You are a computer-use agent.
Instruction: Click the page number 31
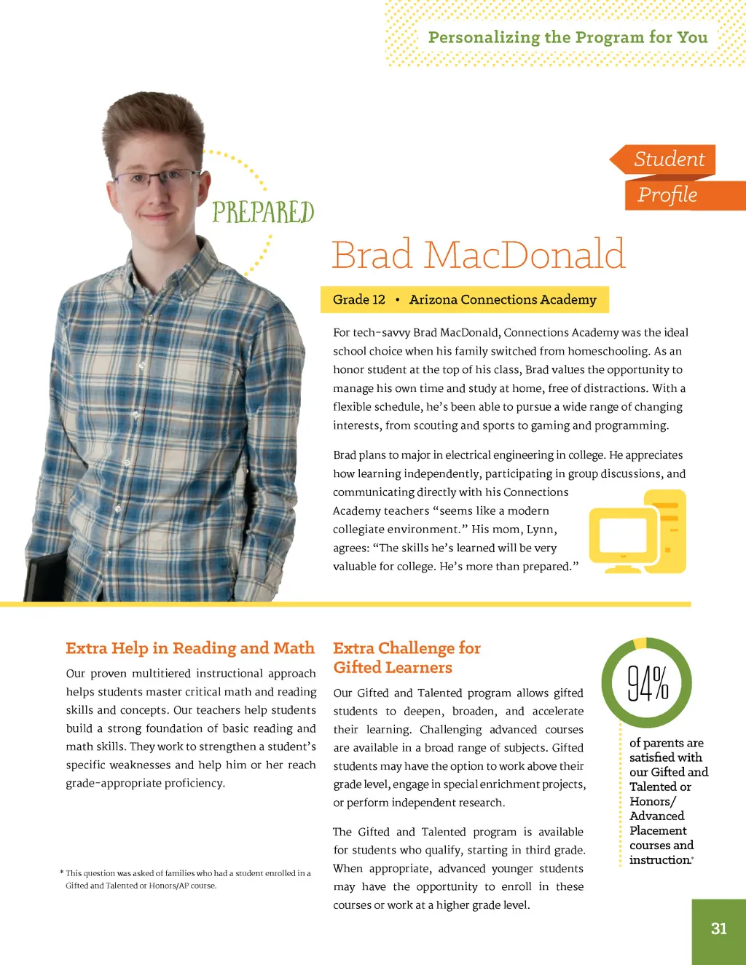(x=718, y=929)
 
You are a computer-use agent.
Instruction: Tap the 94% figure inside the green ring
(x=648, y=683)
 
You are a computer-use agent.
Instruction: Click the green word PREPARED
(x=263, y=212)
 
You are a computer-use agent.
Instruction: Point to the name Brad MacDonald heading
(x=479, y=254)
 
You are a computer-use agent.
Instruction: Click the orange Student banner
(x=667, y=159)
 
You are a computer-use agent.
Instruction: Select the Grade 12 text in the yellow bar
(x=358, y=299)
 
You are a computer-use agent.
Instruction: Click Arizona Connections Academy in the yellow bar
(x=503, y=299)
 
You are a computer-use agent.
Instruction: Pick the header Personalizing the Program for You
(x=568, y=37)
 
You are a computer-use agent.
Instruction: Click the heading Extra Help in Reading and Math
(x=190, y=648)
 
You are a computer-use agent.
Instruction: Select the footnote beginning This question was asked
(x=186, y=879)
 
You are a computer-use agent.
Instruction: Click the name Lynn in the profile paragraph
(x=540, y=529)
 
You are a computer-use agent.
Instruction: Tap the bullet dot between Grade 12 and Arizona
(x=397, y=299)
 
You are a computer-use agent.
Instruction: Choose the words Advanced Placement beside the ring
(x=657, y=823)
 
